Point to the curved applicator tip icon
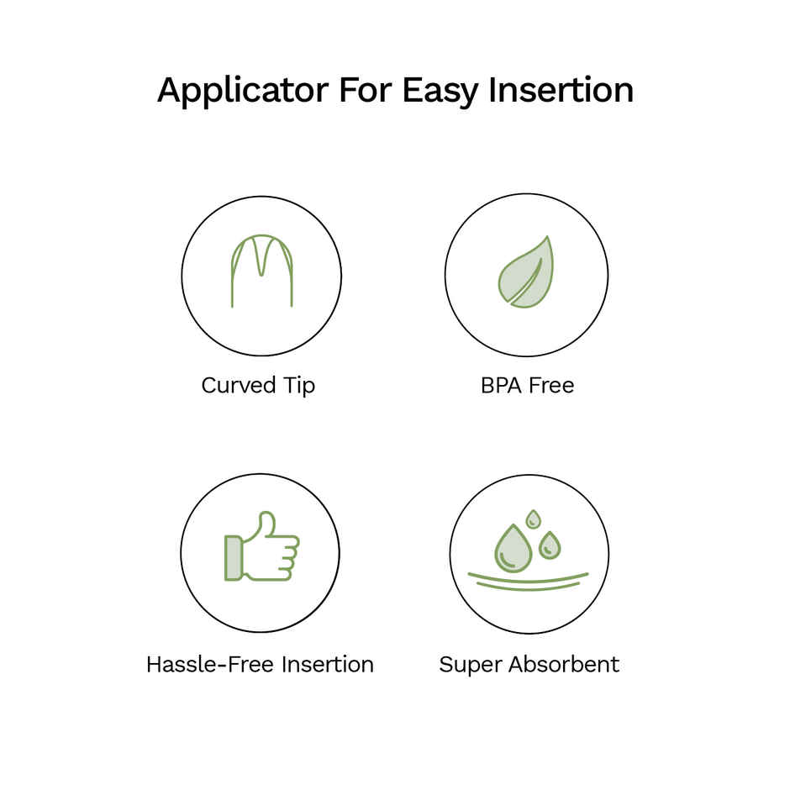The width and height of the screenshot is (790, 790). click(x=261, y=270)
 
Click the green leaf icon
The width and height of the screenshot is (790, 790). click(x=526, y=273)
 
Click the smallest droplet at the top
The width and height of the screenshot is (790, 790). click(x=533, y=519)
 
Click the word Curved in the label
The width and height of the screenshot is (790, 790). click(x=238, y=386)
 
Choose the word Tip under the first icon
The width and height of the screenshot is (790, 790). click(x=298, y=386)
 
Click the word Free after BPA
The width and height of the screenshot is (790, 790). click(x=552, y=386)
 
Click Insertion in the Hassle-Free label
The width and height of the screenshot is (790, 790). click(x=327, y=665)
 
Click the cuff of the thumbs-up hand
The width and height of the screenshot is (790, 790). click(x=233, y=557)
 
